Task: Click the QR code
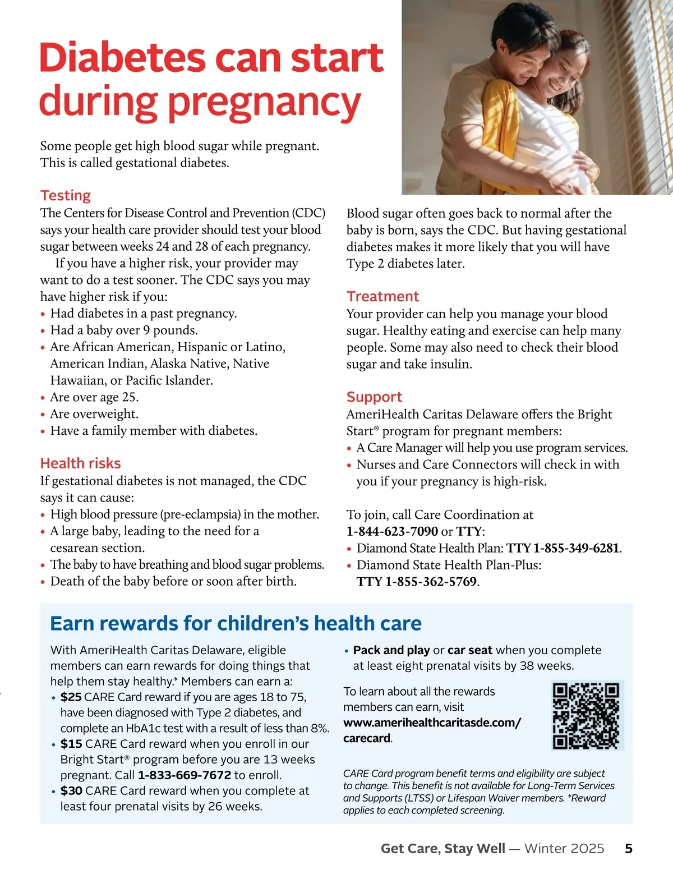pos(587,715)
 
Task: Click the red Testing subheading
pos(66,195)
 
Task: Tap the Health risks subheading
pos(80,463)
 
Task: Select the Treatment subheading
pos(382,296)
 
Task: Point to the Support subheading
pos(374,397)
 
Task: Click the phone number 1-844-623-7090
pos(392,531)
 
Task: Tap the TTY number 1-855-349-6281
pos(577,548)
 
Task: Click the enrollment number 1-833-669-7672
pos(184,775)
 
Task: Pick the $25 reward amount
pos(71,697)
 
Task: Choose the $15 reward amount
pos(71,744)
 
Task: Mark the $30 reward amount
pos(71,791)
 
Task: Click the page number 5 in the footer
pos(629,848)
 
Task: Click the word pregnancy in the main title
pos(264,103)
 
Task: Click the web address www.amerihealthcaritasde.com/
pos(432,723)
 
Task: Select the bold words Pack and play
pos(391,650)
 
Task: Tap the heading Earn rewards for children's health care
pos(236,623)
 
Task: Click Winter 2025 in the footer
pos(564,848)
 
